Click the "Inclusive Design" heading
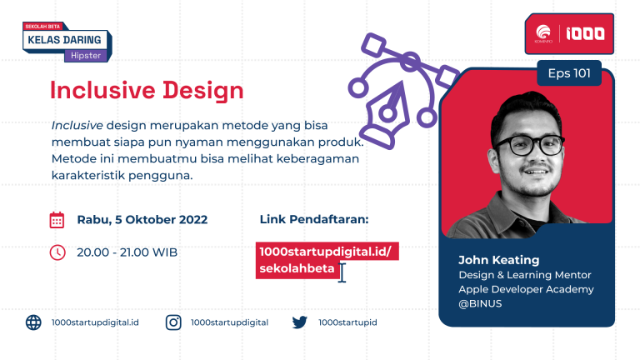pyautogui.click(x=147, y=91)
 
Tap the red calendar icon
pyautogui.click(x=57, y=220)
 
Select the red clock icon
pyautogui.click(x=57, y=252)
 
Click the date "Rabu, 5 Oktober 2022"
pyautogui.click(x=142, y=220)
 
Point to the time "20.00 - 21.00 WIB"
pyautogui.click(x=127, y=252)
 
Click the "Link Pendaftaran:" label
pyautogui.click(x=314, y=219)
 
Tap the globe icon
pyautogui.click(x=33, y=322)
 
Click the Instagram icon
pyautogui.click(x=173, y=322)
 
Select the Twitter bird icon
pyautogui.click(x=300, y=322)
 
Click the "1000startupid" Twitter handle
pyautogui.click(x=347, y=322)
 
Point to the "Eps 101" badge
pyautogui.click(x=569, y=73)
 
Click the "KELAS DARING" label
pyautogui.click(x=64, y=40)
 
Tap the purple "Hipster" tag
pyautogui.click(x=86, y=56)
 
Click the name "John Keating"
pyautogui.click(x=499, y=260)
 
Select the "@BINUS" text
pyautogui.click(x=480, y=303)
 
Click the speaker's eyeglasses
pyautogui.click(x=529, y=145)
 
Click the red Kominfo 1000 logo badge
pyautogui.click(x=569, y=33)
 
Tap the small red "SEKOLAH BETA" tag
pyautogui.click(x=42, y=27)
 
